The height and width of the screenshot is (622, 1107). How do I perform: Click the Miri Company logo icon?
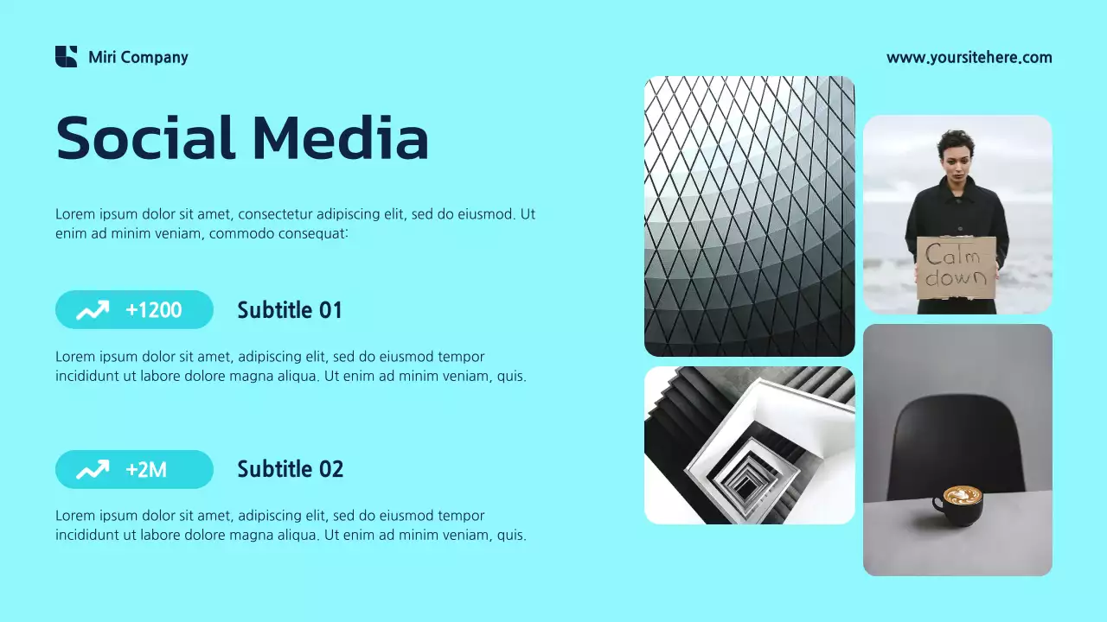coord(66,57)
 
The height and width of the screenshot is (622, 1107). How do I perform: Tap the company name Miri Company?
coord(138,58)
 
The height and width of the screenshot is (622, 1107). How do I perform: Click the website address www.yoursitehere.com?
coord(969,58)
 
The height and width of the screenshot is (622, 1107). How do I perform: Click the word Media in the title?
coord(341,138)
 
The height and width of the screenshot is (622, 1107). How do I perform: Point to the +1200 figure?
coord(154,310)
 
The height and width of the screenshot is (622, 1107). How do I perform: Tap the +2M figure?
coord(146,470)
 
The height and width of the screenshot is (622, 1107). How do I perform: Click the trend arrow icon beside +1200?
coord(93,310)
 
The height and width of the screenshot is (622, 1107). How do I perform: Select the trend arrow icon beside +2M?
coord(93,470)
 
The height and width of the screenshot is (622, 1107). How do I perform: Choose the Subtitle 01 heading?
coord(290,310)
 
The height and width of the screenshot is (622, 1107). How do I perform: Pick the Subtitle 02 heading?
coord(290,470)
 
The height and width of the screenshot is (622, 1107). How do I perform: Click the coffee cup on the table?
coord(959,505)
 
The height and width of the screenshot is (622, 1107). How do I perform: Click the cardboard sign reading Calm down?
coord(956,268)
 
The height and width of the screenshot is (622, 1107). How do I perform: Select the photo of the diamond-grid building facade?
coord(749,216)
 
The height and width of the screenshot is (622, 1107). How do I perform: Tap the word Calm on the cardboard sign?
coord(953,256)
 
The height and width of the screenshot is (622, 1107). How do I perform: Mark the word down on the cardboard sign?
coord(956,278)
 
